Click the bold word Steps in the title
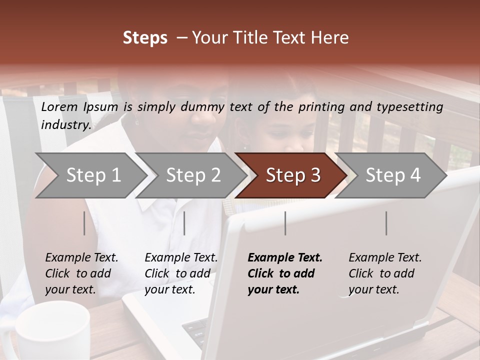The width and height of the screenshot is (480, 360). pos(145,38)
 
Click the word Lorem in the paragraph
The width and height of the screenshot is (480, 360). pos(60,106)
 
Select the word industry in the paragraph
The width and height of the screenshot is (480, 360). pos(65,125)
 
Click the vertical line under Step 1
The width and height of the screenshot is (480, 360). pos(84,223)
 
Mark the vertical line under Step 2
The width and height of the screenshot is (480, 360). pos(184,223)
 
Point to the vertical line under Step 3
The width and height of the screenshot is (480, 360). pos(285,223)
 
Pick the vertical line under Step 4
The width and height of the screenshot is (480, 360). pos(386,223)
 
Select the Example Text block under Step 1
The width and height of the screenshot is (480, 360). pos(81,273)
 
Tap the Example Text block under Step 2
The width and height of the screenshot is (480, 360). pos(180,273)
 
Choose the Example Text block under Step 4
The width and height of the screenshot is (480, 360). pos(384,273)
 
